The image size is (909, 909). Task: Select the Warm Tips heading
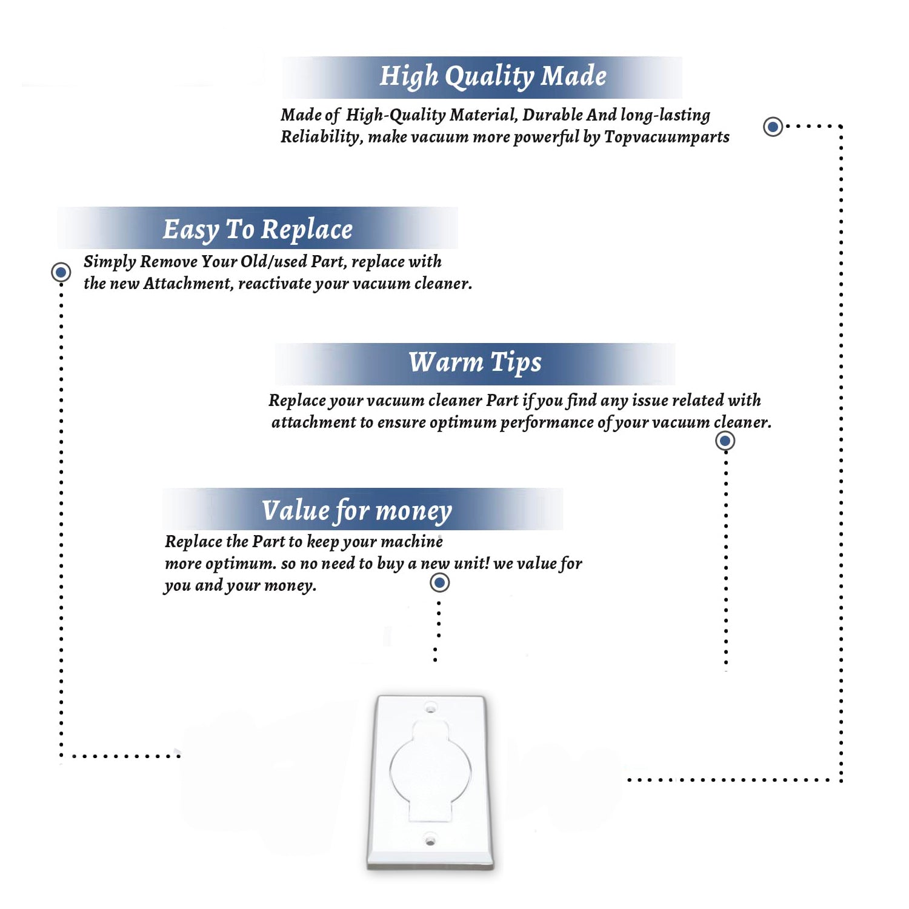(474, 363)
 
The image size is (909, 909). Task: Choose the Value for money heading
(357, 511)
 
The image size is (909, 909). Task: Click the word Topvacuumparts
(667, 138)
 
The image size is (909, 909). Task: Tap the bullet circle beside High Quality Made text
(773, 127)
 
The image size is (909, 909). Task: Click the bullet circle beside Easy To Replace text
(61, 272)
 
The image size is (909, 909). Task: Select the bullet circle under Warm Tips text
(725, 441)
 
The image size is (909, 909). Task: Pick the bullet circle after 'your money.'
(439, 583)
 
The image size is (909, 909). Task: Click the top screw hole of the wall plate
(430, 707)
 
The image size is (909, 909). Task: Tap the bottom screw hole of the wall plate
(430, 841)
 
